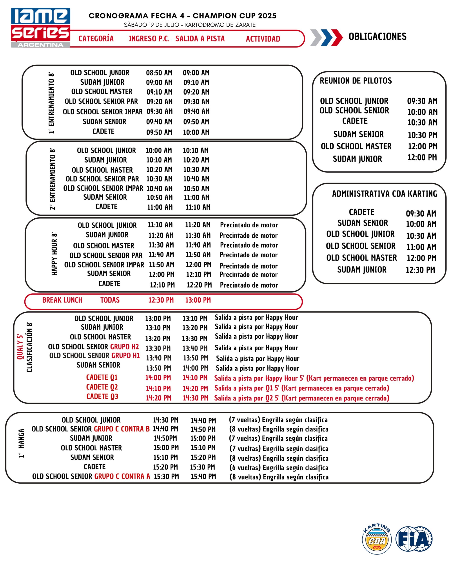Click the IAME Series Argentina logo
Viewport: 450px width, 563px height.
click(x=40, y=28)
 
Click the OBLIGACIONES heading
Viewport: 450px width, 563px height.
click(x=377, y=37)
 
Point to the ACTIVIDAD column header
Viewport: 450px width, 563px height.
click(x=263, y=39)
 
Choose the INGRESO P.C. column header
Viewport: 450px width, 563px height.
click(x=149, y=39)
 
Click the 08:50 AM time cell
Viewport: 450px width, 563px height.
click(x=159, y=73)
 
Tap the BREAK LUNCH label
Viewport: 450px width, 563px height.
click(x=62, y=300)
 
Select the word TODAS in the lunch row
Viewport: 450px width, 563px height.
click(x=110, y=300)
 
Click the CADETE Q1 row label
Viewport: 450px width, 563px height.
click(x=102, y=377)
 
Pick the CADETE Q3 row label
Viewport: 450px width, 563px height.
click(x=102, y=396)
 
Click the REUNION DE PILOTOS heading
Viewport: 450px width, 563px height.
click(x=356, y=81)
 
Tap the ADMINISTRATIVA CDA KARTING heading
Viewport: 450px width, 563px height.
click(x=384, y=194)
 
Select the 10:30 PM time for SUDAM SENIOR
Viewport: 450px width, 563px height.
click(x=422, y=135)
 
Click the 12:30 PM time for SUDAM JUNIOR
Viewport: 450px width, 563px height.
click(x=420, y=270)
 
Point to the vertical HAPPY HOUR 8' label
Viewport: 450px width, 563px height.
click(x=54, y=254)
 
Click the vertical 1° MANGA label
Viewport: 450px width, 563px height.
click(x=21, y=443)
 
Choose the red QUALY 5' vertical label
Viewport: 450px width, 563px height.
click(x=20, y=347)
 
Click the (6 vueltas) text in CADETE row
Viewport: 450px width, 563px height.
click(x=244, y=467)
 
